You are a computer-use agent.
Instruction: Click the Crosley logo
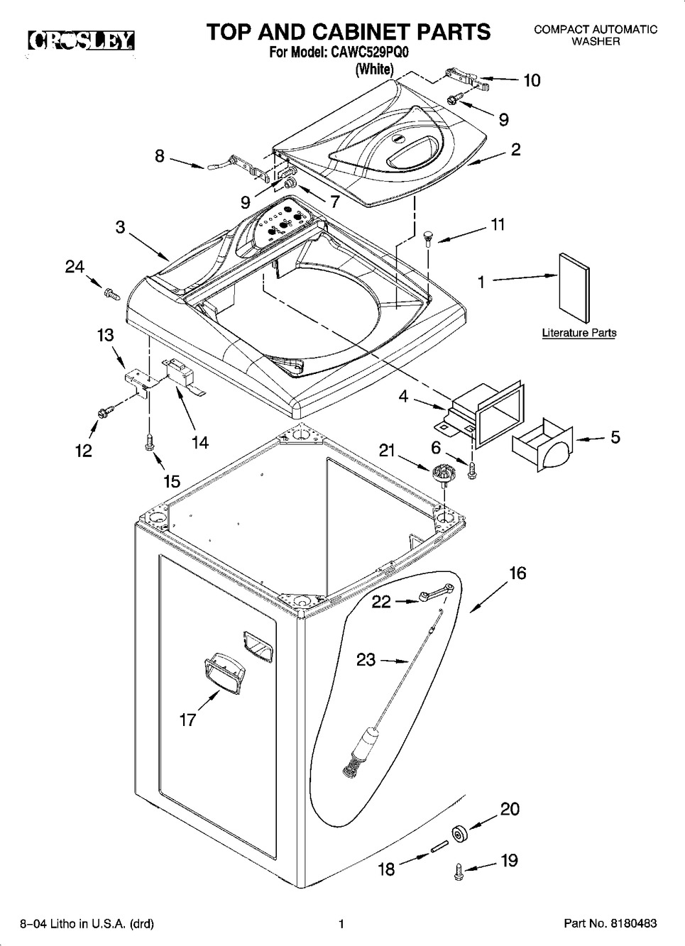tap(82, 40)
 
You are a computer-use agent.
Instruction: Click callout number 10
tap(532, 80)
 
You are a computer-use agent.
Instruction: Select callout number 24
tap(75, 267)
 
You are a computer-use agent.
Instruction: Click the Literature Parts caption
tap(579, 333)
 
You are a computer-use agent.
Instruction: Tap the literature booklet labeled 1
tap(574, 288)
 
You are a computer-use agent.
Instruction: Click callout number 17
tap(188, 720)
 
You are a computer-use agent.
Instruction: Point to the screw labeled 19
tap(459, 871)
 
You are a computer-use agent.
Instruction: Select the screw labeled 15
tap(150, 441)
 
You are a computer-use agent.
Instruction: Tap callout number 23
tap(366, 659)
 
